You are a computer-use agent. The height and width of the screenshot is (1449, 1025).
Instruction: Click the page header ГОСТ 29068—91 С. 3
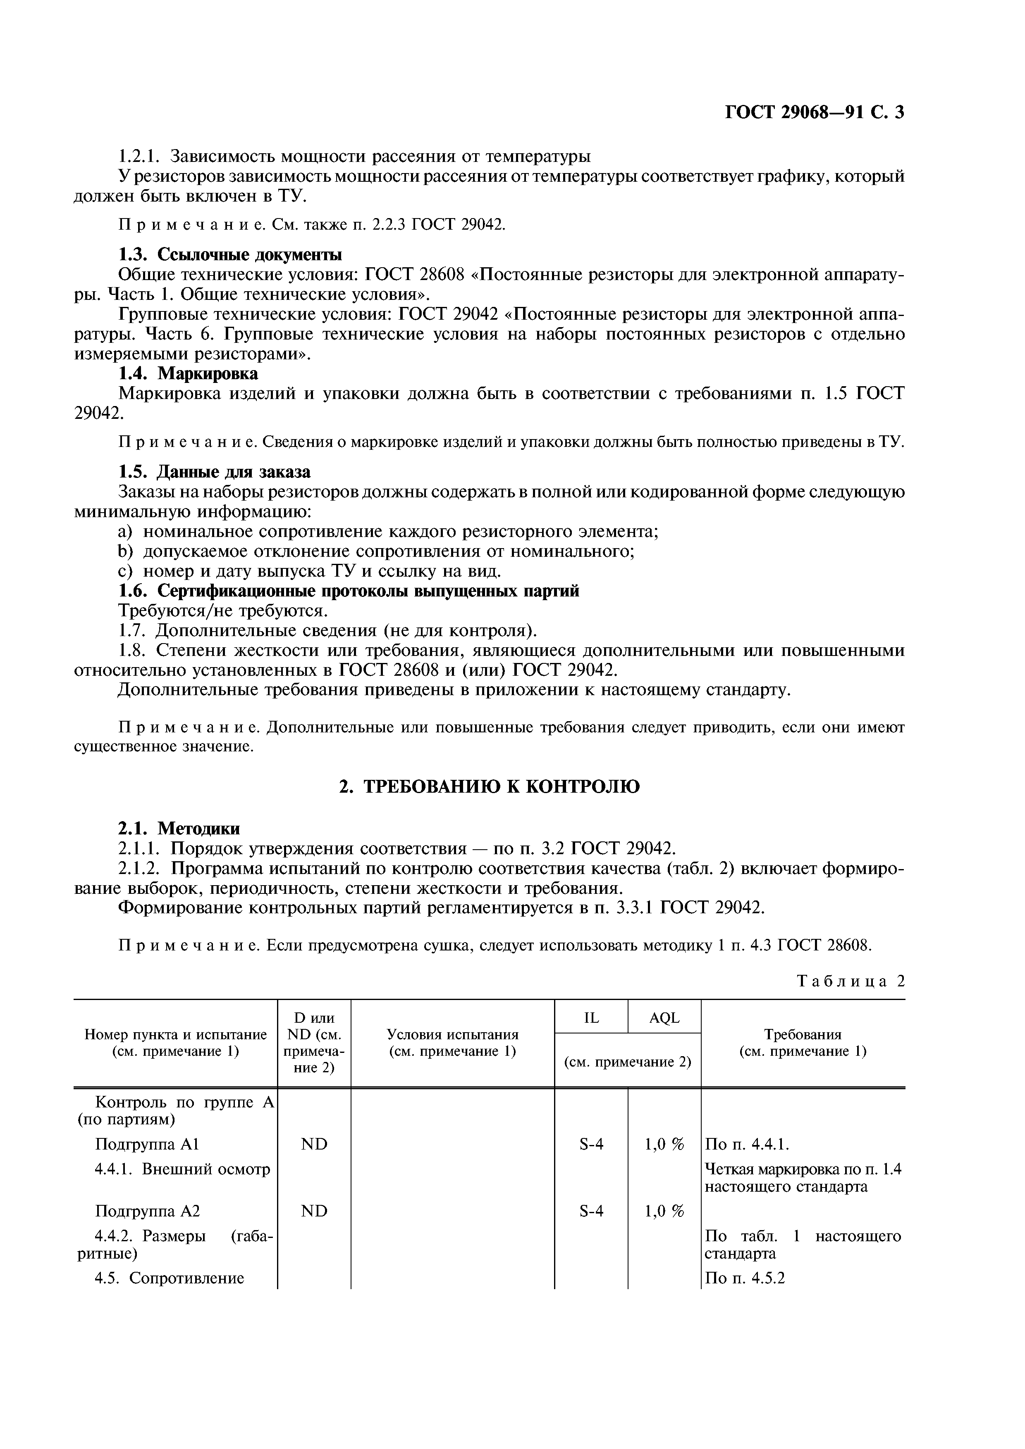(814, 112)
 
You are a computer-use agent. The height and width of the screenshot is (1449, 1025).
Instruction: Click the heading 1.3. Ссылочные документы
(231, 254)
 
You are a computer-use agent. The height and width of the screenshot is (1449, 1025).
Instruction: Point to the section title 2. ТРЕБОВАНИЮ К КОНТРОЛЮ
(490, 786)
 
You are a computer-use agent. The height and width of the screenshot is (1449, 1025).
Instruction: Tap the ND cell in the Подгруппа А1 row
(315, 1144)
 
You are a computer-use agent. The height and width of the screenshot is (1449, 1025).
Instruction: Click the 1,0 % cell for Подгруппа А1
(664, 1144)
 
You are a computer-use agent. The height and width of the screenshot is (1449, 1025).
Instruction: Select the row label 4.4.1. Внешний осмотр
(182, 1169)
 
